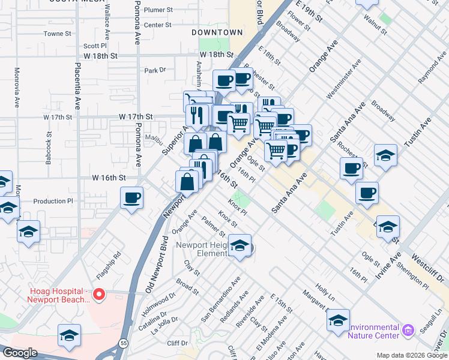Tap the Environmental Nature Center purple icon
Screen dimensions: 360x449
click(408, 331)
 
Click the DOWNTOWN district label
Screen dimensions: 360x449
click(217, 32)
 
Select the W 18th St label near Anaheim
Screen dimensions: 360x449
click(216, 55)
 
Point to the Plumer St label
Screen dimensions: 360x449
click(158, 10)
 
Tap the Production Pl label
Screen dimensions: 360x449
click(53, 201)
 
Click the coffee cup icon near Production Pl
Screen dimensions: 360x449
click(131, 197)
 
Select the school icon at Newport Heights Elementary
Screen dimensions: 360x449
click(240, 246)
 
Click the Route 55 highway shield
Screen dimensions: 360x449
click(122, 341)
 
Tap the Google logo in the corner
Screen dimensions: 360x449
click(20, 353)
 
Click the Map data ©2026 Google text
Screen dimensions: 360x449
click(412, 355)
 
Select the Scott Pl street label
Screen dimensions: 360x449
click(95, 45)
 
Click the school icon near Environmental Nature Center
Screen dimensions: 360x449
click(338, 320)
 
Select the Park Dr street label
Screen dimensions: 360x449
click(155, 70)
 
